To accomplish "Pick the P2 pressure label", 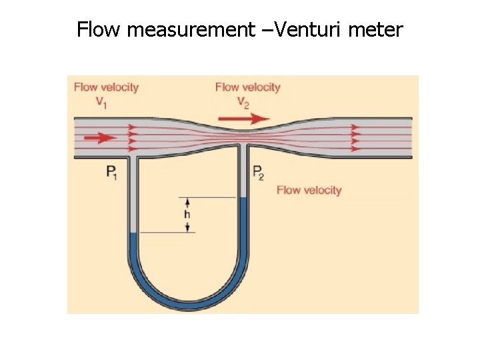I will [258, 173].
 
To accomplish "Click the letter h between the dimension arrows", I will [187, 215].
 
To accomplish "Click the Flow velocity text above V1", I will [106, 87].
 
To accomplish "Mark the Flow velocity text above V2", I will [247, 87].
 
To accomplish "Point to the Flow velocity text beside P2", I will [309, 190].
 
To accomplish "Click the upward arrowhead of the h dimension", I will [187, 201].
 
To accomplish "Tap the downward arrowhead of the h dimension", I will [187, 229].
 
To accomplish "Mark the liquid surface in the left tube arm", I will [132, 233].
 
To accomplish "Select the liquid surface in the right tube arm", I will [243, 198].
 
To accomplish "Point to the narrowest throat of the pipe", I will [243, 133].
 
